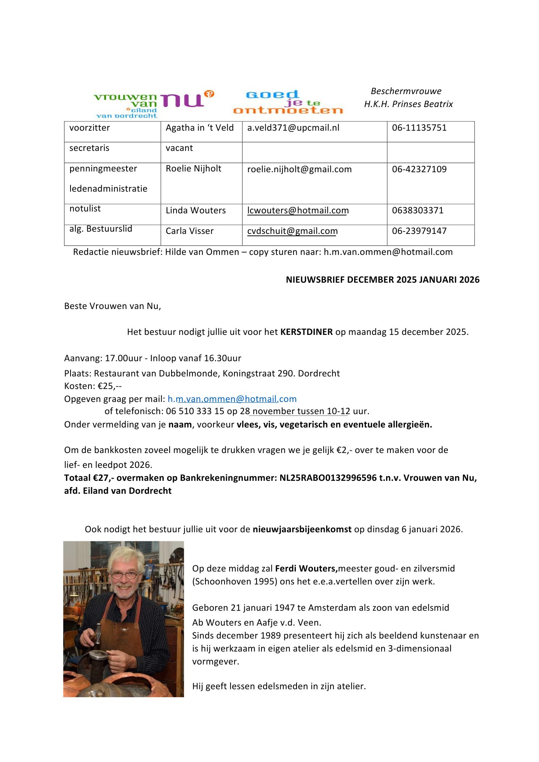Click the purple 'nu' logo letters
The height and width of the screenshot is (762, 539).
[182, 100]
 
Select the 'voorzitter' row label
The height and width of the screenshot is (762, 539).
[90, 128]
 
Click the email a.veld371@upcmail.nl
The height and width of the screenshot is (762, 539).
[293, 128]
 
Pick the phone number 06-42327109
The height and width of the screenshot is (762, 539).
[419, 169]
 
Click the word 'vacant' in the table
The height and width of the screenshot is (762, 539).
[179, 148]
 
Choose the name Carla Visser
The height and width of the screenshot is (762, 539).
[189, 231]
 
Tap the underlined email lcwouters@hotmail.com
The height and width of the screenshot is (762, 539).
[298, 211]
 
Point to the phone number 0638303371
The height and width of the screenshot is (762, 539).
[417, 211]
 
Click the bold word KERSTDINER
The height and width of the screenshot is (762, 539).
[306, 332]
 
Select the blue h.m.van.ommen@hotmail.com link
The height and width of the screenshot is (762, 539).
[232, 399]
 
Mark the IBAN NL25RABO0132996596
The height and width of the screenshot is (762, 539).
[328, 478]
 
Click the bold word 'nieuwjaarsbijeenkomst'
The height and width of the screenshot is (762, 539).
[302, 530]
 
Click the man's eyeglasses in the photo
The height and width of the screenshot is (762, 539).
[125, 575]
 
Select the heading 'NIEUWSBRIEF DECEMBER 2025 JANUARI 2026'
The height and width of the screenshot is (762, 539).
[382, 280]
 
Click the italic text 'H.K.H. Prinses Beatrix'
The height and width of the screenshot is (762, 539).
[408, 104]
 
